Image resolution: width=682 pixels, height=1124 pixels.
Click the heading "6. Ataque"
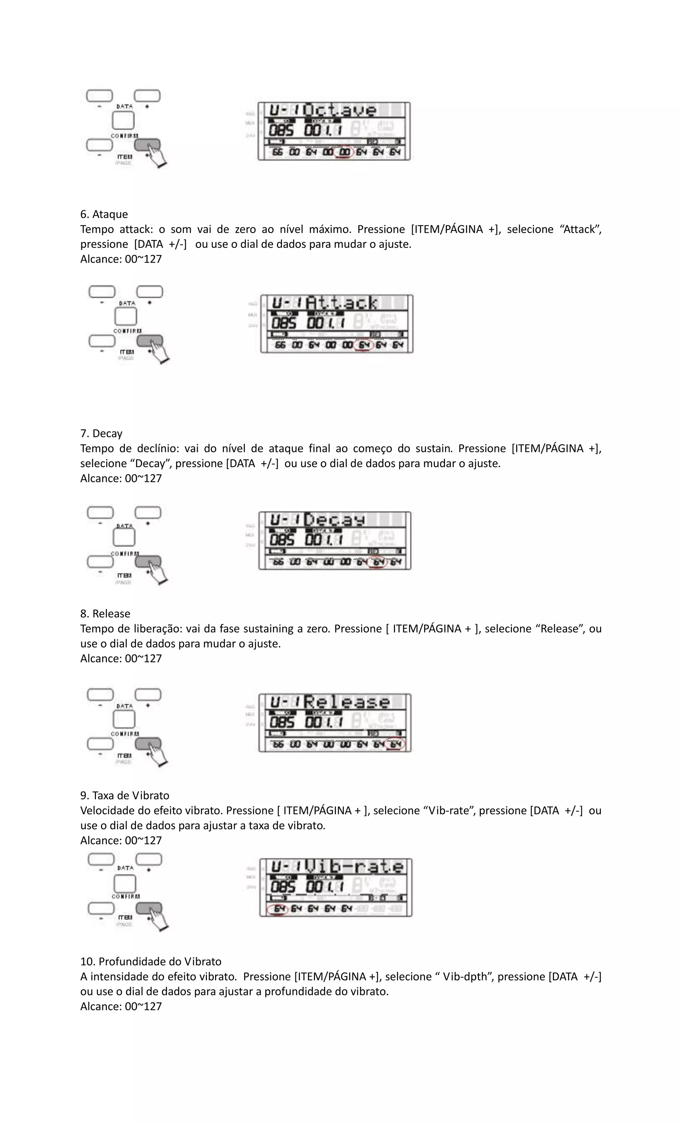[104, 214]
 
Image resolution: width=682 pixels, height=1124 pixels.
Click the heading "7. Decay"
[101, 433]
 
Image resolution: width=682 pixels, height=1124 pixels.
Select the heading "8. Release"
[105, 613]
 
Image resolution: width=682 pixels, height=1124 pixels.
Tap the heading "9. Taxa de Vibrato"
[125, 795]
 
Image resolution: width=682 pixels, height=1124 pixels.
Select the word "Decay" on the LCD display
[335, 520]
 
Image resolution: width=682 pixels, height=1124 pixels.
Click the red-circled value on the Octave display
[344, 152]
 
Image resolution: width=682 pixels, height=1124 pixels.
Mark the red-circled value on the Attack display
[364, 345]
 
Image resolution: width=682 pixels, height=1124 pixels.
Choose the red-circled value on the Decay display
[378, 562]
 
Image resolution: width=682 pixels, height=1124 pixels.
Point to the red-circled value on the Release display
[395, 744]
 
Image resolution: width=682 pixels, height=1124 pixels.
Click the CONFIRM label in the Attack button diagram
[127, 331]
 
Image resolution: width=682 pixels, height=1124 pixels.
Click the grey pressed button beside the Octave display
[147, 145]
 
